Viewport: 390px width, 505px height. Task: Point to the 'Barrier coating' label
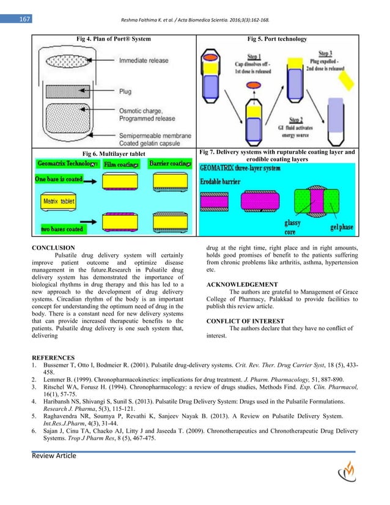pyautogui.click(x=172, y=164)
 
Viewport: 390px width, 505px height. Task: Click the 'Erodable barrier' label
pyautogui.click(x=229, y=182)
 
